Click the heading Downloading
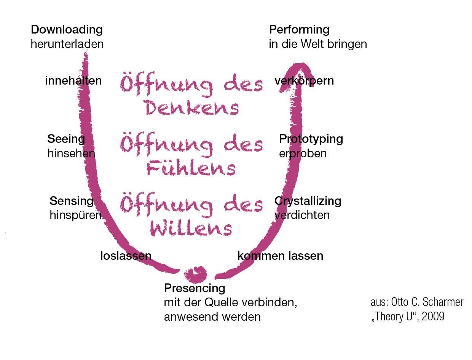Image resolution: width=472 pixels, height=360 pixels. [67, 30]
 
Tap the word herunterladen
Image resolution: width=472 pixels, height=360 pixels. [67, 44]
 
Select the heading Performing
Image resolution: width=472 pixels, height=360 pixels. [299, 30]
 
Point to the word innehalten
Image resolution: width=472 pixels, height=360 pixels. [73, 81]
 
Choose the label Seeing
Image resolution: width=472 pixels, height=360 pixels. [66, 139]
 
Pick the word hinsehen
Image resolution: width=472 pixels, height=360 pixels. [71, 154]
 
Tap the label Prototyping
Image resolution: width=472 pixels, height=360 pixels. [311, 139]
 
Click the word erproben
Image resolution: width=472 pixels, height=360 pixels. [303, 154]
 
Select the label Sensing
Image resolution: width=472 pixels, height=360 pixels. [72, 201]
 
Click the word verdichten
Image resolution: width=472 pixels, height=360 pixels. [302, 215]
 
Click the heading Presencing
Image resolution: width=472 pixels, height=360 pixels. [195, 288]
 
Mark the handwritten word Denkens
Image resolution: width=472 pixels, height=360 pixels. [192, 107]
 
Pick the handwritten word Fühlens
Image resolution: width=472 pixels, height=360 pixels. [191, 168]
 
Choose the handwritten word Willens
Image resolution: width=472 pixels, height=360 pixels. [191, 228]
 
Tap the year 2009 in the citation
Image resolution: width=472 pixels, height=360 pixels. [433, 316]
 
